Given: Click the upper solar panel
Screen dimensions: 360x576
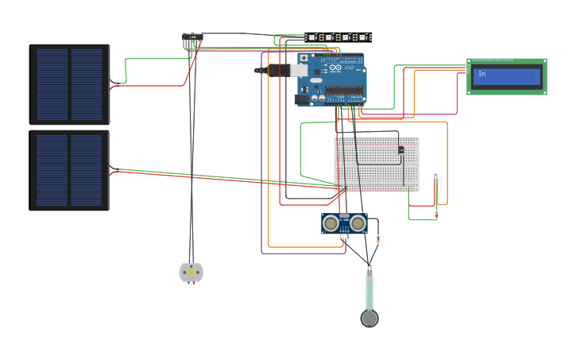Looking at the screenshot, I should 70,84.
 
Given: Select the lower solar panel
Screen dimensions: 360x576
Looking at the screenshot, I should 70,171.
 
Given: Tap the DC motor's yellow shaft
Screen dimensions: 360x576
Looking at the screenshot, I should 191,273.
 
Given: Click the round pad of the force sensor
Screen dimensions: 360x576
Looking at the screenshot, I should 369,319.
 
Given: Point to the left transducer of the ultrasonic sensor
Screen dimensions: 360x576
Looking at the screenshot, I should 331,224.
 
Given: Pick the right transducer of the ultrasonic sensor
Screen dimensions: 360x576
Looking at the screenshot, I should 358,224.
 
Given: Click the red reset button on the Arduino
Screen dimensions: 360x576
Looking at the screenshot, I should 303,58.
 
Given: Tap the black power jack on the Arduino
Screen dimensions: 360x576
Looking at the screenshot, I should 303,99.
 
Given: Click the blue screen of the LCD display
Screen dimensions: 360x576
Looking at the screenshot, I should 506,76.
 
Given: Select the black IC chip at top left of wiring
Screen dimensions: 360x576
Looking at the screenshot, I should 192,38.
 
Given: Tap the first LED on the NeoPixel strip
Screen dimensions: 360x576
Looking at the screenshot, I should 312,37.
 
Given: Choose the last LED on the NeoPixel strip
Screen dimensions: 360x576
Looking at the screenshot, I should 362,37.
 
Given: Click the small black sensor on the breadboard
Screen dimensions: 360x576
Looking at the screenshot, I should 400,149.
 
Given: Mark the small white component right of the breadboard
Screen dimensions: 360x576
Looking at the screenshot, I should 435,175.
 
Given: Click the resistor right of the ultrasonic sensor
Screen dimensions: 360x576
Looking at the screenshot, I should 377,238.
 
